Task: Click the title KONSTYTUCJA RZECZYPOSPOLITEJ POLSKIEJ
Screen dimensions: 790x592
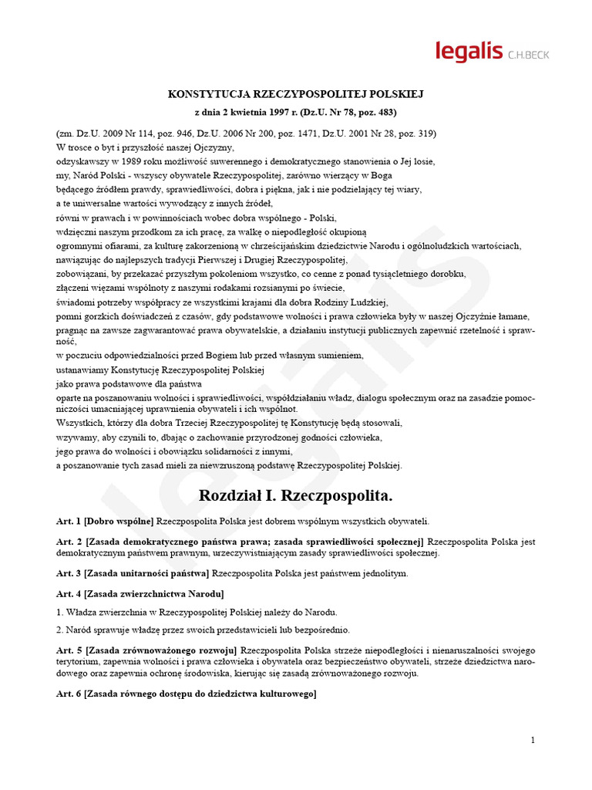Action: coord(296,94)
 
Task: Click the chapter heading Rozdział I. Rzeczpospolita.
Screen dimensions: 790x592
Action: coord(296,494)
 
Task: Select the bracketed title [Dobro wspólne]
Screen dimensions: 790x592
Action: coord(119,522)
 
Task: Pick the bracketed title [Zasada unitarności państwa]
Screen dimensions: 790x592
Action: coord(146,573)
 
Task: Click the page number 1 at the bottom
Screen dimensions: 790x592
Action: coord(533,741)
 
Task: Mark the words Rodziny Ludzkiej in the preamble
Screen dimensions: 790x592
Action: coord(358,302)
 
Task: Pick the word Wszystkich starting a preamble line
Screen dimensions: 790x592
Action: coord(82,423)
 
